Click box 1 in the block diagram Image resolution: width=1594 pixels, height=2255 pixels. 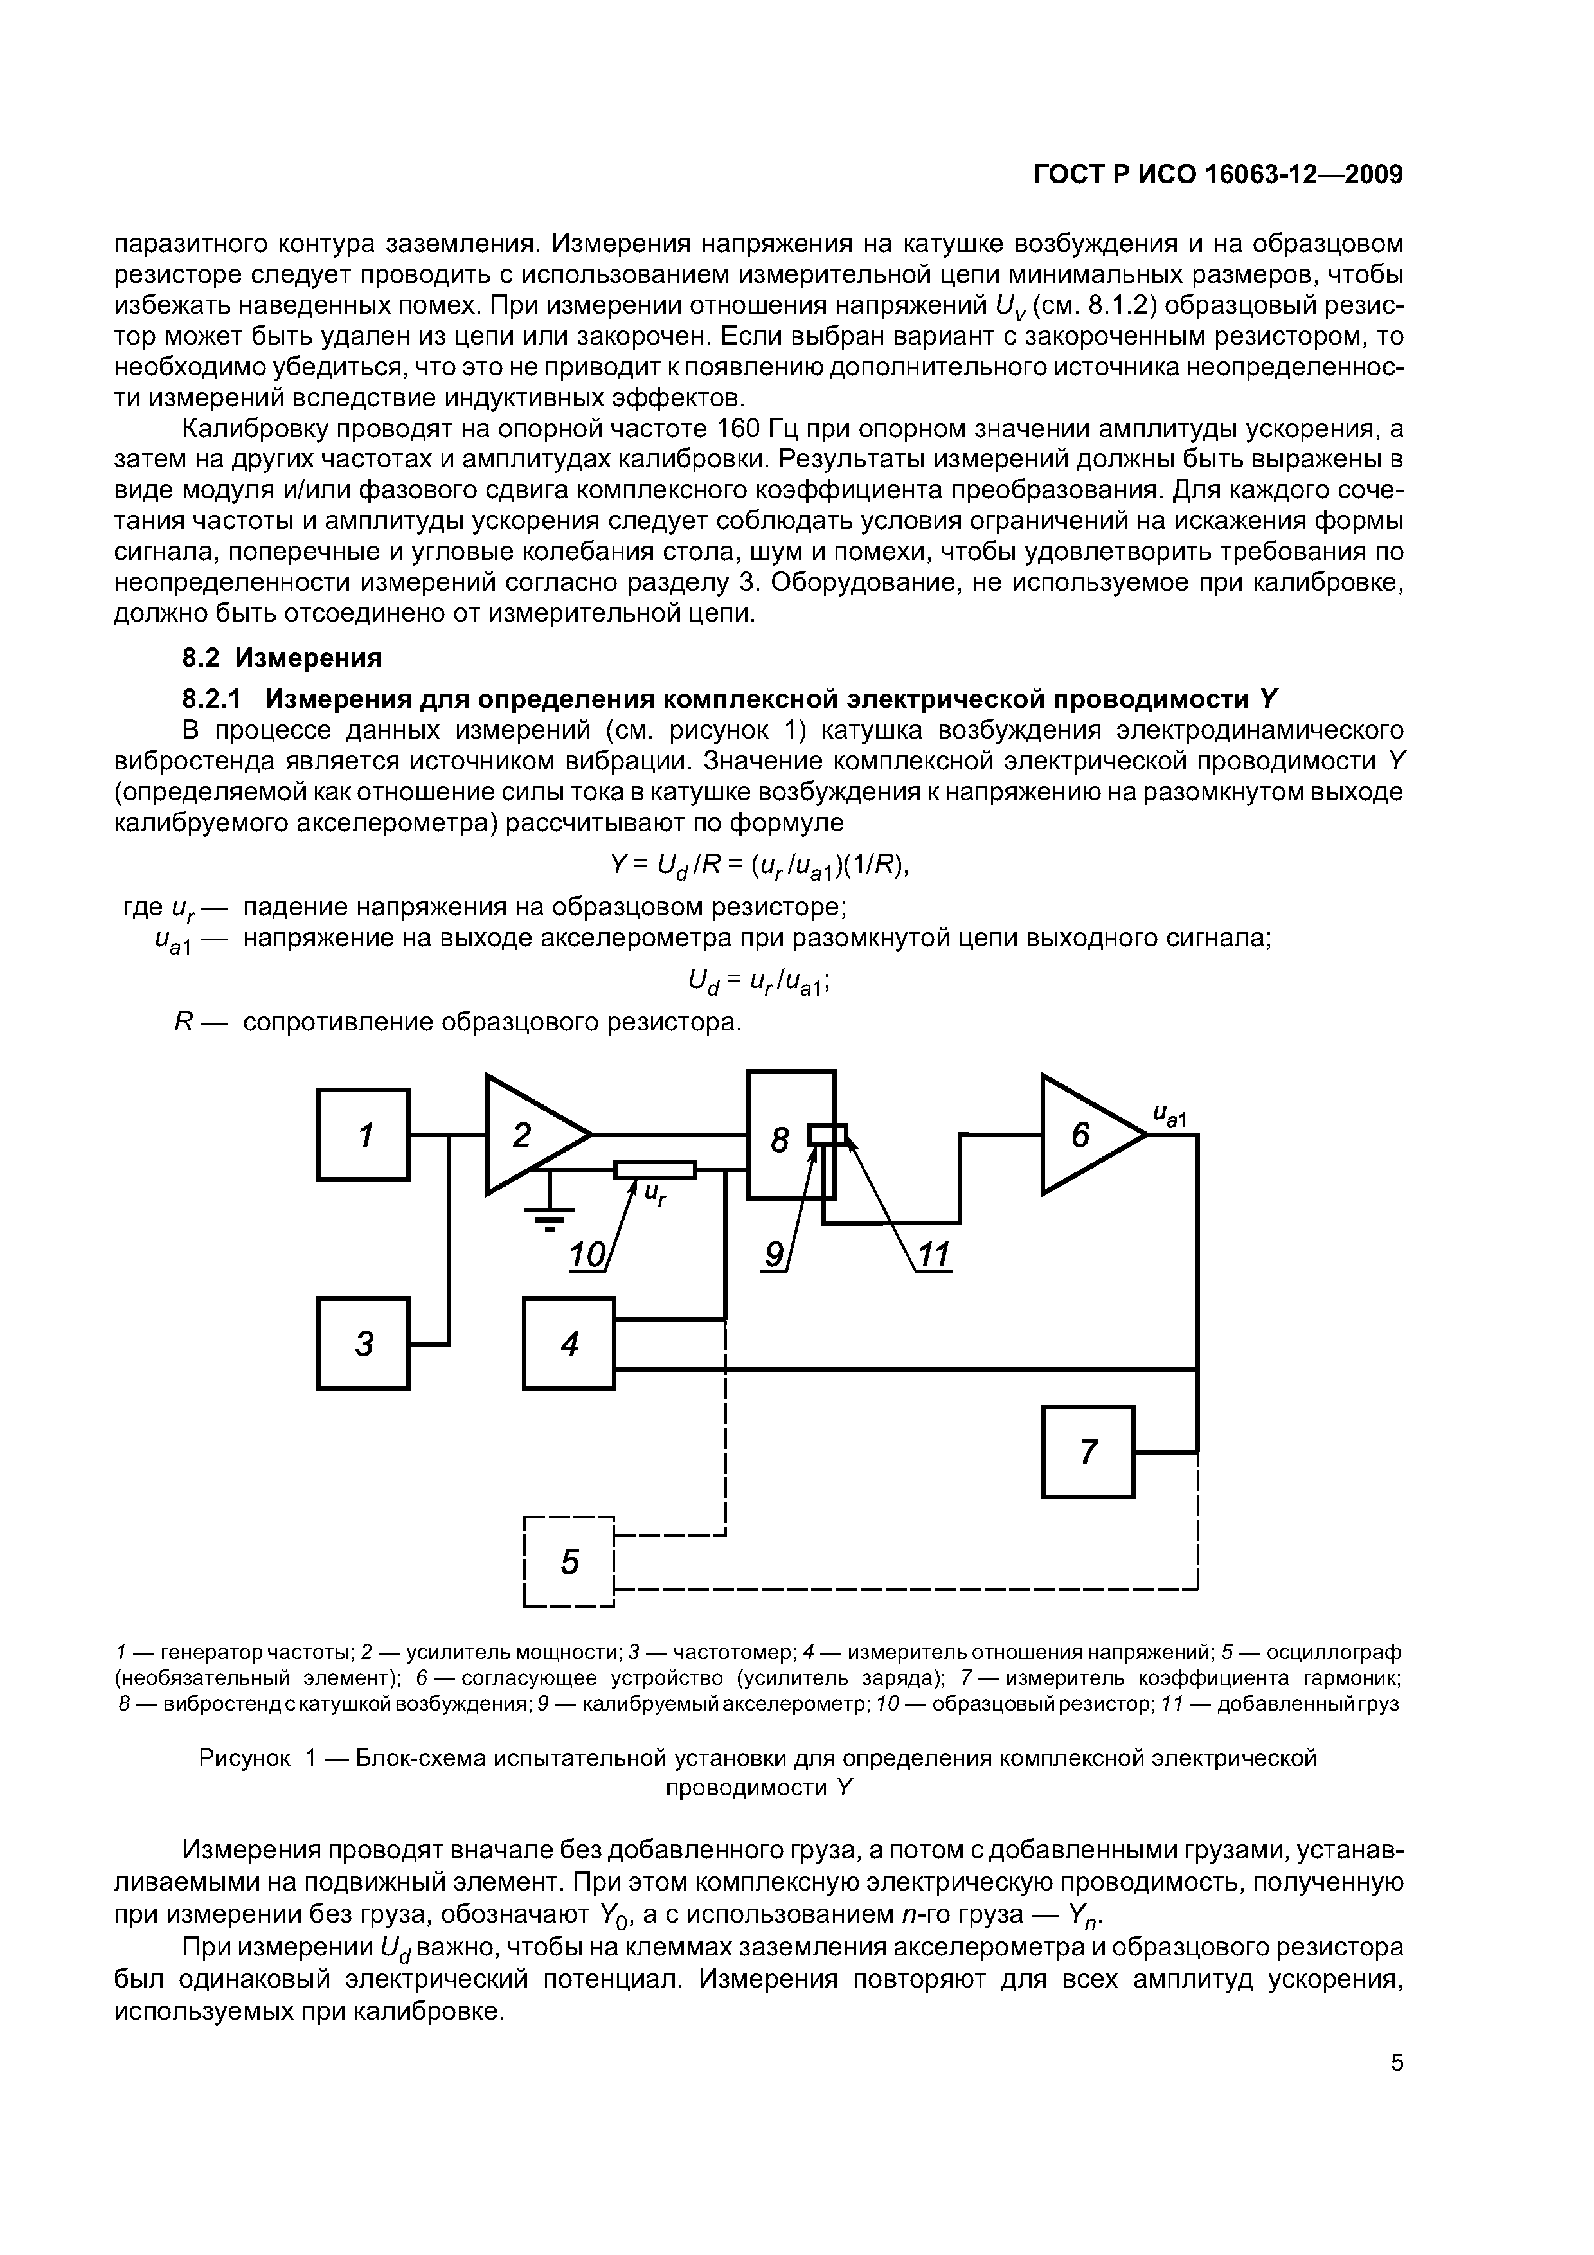(363, 1135)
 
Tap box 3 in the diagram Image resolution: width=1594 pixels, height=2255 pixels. (363, 1343)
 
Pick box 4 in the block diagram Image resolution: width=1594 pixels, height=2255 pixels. (569, 1343)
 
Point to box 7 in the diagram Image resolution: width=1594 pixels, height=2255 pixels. (1088, 1451)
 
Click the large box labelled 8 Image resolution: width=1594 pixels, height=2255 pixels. (780, 1139)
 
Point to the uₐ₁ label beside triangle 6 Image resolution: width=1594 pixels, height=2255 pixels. (1170, 1116)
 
